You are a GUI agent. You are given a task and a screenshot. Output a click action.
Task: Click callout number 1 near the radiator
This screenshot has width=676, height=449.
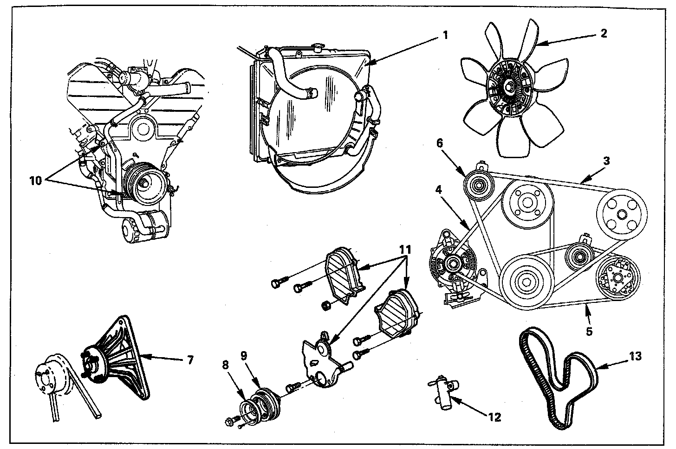pos(445,35)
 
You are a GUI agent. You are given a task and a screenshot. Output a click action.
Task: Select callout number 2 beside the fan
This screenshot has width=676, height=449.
pos(603,33)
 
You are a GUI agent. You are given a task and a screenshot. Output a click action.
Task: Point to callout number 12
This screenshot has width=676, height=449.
pos(495,417)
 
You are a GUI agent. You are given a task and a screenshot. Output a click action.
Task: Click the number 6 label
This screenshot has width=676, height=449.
pos(439,143)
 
